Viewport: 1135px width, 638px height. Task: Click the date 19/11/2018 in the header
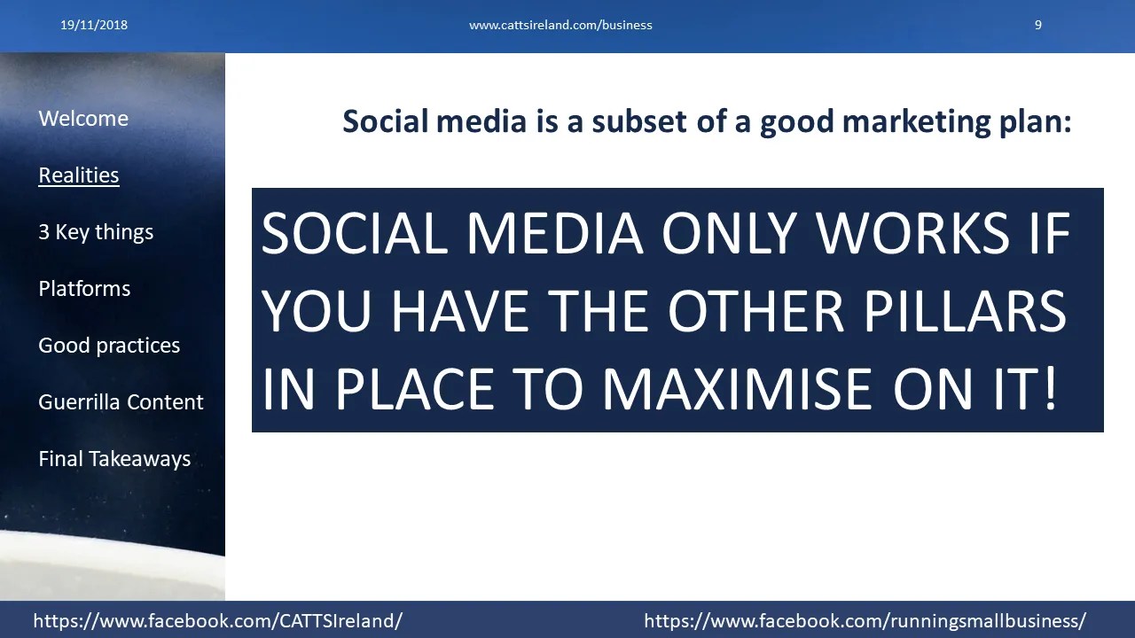[x=94, y=25]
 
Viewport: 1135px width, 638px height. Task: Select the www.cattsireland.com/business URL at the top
[x=560, y=26]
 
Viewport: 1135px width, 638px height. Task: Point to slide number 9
[x=1038, y=25]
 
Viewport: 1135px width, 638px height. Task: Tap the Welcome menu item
[x=83, y=119]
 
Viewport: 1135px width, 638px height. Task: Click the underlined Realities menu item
[x=79, y=175]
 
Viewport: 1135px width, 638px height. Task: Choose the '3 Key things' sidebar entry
[x=96, y=232]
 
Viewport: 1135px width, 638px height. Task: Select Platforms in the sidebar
[x=84, y=289]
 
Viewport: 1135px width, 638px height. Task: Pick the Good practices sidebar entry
[x=109, y=346]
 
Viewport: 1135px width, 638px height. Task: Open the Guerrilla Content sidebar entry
[x=121, y=402]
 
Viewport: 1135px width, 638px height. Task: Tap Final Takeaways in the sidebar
[x=114, y=459]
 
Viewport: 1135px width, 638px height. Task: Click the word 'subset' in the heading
[x=639, y=121]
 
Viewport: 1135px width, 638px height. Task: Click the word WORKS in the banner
[x=913, y=233]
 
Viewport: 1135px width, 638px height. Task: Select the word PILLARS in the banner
[x=965, y=311]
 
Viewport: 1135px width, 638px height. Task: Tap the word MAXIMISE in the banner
[x=737, y=389]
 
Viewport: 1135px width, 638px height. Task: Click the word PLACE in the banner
[x=414, y=389]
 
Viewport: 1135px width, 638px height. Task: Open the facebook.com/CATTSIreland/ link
[x=218, y=621]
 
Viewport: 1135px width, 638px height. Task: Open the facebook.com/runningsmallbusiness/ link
[x=865, y=621]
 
